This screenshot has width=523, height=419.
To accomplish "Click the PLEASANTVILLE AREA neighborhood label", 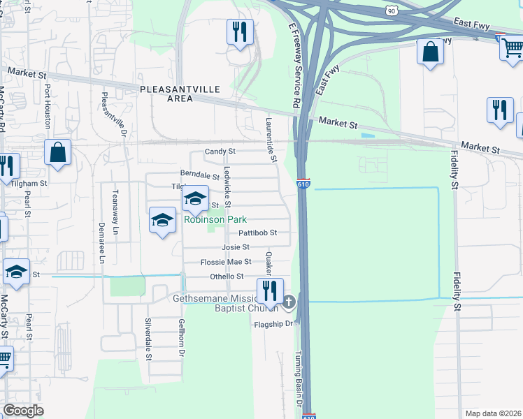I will pos(180,94).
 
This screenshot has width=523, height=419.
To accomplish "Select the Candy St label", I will pos(220,151).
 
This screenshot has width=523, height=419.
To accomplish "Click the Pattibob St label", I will pos(258,233).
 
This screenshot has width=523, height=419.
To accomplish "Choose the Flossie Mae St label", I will pos(226,262).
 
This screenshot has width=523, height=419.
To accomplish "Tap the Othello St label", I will pos(227,277).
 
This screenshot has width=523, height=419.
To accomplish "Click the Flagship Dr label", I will pos(272,324).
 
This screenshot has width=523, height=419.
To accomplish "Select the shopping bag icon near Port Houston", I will pos(57,152).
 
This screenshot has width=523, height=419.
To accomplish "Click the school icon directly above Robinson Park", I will pos(195,198).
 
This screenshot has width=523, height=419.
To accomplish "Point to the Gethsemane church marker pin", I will pos(289,302).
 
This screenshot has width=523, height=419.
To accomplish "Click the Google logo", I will pos(23,411).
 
